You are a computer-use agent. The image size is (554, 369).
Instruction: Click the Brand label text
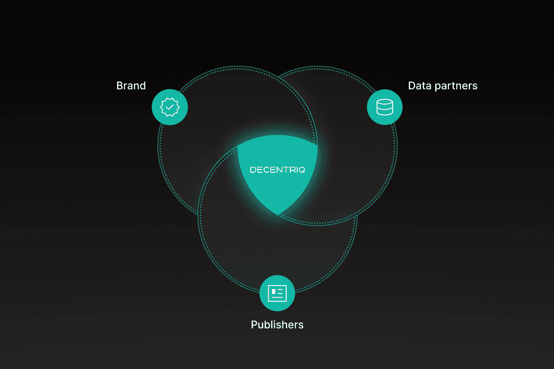pos(131,86)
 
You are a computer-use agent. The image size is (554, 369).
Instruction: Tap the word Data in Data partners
pos(418,86)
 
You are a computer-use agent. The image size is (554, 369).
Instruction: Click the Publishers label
pos(277,325)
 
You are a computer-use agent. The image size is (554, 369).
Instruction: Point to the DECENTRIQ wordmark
pos(277,170)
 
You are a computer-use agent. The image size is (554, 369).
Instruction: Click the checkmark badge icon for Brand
pos(170,107)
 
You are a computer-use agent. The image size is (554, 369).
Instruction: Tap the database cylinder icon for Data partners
pos(384,107)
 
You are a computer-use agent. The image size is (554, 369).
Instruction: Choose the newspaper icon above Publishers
pos(277,293)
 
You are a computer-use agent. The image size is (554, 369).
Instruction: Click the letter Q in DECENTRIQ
pos(301,170)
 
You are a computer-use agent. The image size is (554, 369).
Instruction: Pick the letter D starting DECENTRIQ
pos(253,170)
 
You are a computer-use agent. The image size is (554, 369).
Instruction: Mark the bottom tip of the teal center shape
pos(277,214)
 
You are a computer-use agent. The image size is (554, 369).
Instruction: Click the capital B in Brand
pos(119,86)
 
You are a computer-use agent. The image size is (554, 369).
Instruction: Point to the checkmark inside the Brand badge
pos(170,107)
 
